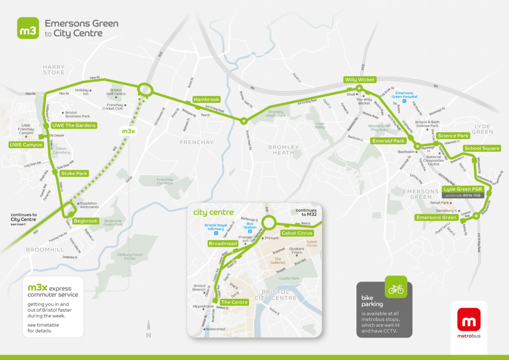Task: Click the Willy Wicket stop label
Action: click(x=360, y=80)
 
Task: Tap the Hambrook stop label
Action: click(x=207, y=99)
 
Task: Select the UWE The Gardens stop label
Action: click(x=73, y=126)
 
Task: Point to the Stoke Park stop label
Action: click(x=74, y=173)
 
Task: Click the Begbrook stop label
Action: click(x=86, y=221)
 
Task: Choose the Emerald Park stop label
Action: click(x=388, y=141)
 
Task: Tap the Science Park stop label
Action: click(x=453, y=136)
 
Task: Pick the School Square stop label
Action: click(x=481, y=148)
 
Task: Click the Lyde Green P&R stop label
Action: click(x=463, y=189)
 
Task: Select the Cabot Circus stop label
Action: click(x=297, y=233)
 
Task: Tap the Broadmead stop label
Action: click(x=223, y=244)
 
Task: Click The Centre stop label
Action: click(x=234, y=302)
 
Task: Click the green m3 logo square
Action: click(x=28, y=28)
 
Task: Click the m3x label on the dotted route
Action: click(x=129, y=131)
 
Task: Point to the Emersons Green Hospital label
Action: click(x=404, y=95)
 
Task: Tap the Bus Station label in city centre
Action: click(x=250, y=225)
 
